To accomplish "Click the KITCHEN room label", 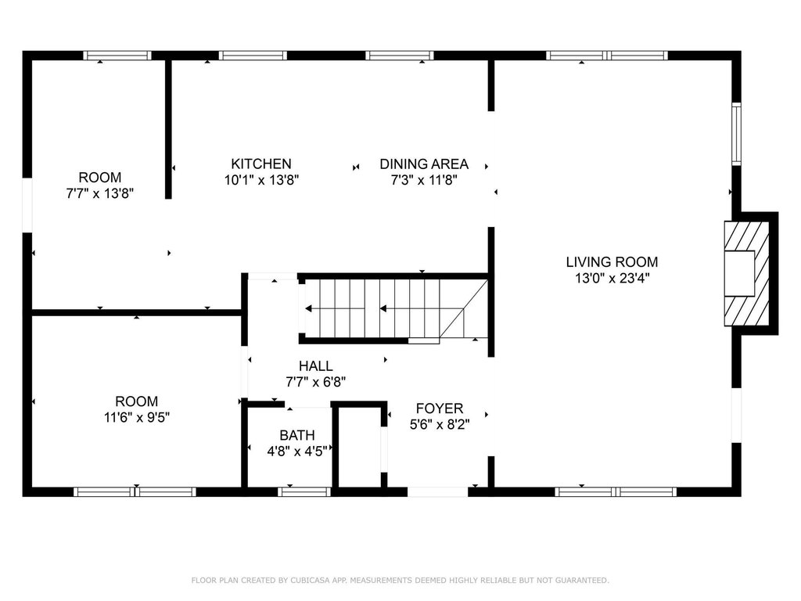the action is (x=261, y=164).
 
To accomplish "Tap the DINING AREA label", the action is (x=424, y=164).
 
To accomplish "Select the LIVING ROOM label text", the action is (x=612, y=262).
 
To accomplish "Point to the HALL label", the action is (x=316, y=366).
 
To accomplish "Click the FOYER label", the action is (x=440, y=408).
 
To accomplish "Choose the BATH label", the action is (x=297, y=435).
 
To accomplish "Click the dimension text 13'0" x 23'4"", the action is (x=612, y=279).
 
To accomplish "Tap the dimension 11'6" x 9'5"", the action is (x=136, y=418).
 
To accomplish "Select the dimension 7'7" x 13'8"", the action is (x=100, y=194).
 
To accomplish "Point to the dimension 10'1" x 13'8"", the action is (x=261, y=180).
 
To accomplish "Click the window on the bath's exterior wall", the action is (x=304, y=491).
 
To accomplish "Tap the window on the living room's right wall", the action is (x=736, y=134).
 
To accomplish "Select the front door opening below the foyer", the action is (x=438, y=491).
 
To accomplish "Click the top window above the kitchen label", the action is (x=253, y=56).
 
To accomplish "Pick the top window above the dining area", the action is (x=400, y=56).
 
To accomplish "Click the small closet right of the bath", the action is (x=360, y=447).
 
